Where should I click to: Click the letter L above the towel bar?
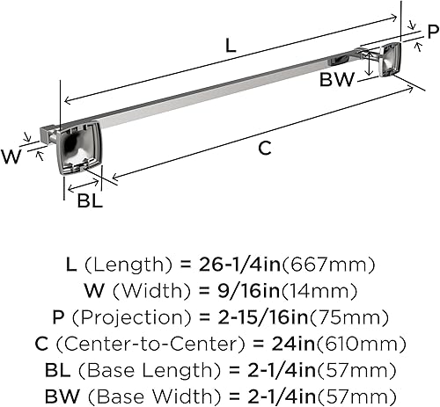pyautogui.click(x=231, y=46)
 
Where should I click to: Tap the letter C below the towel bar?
pyautogui.click(x=265, y=148)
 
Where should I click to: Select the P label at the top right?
pyautogui.click(x=433, y=32)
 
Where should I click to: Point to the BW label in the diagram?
pyautogui.click(x=337, y=79)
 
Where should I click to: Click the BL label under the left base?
pyautogui.click(x=90, y=201)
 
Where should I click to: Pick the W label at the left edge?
pyautogui.click(x=11, y=156)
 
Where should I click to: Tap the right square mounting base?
pyautogui.click(x=391, y=59)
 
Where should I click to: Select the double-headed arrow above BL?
pyautogui.click(x=84, y=185)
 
